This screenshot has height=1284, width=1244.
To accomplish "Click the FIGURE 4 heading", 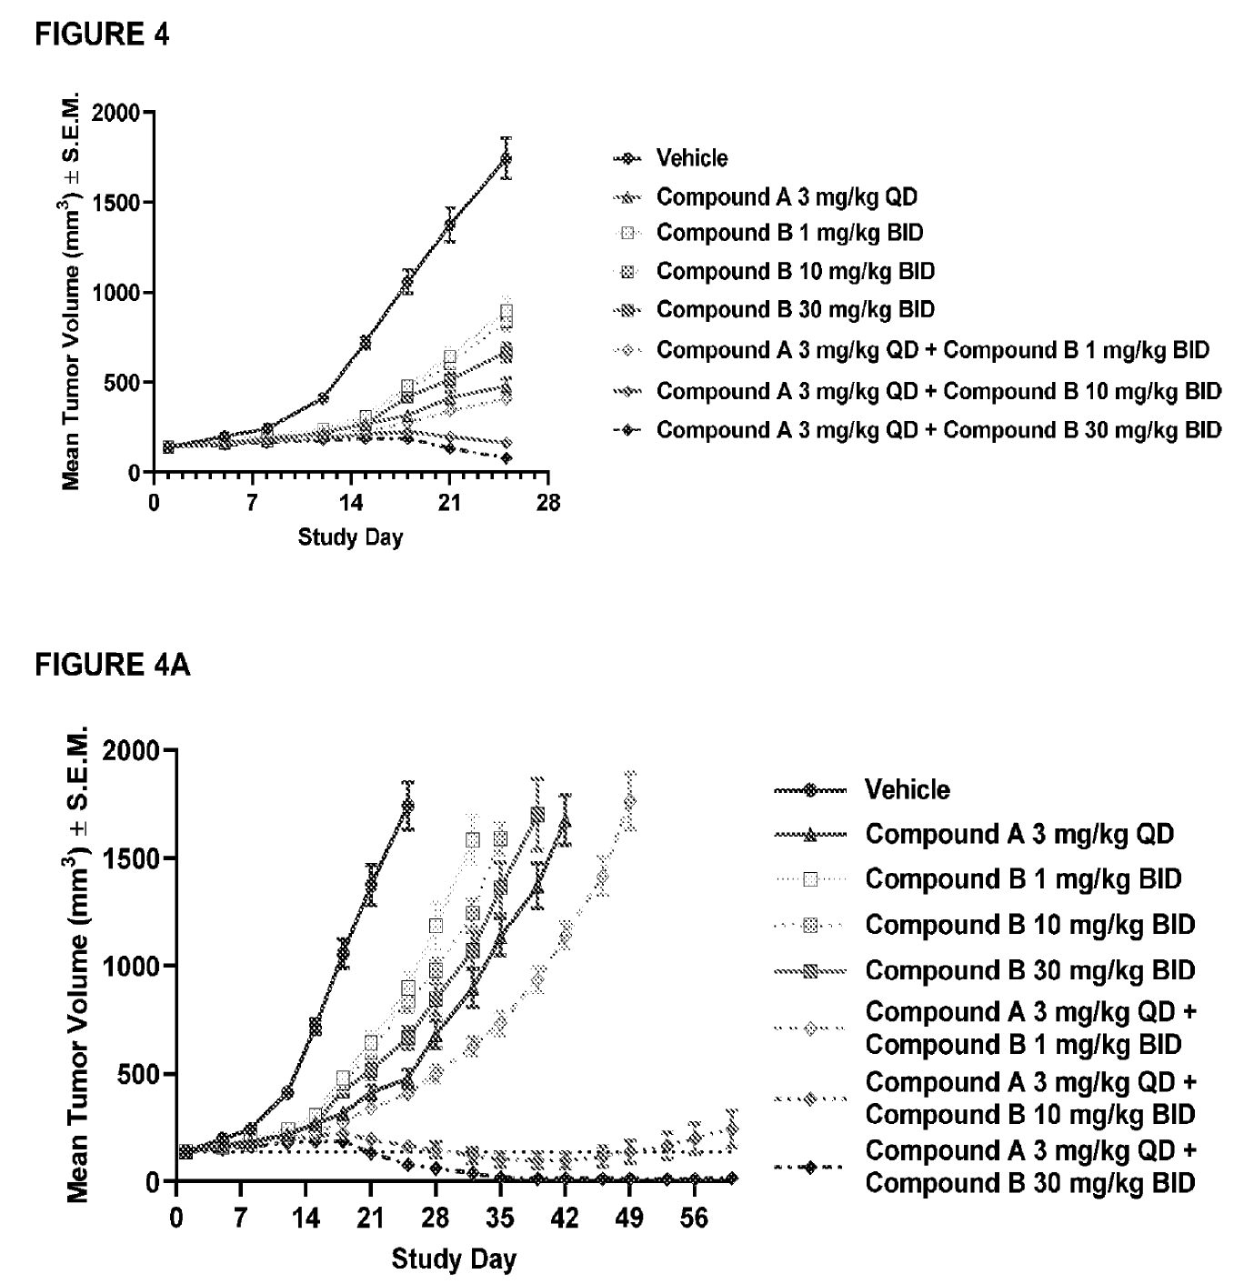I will click(102, 35).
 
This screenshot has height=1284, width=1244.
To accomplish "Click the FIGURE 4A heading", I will click(113, 665).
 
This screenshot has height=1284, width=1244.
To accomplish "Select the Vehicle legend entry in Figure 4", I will click(691, 158).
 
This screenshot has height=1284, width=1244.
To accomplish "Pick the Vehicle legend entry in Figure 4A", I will click(907, 789).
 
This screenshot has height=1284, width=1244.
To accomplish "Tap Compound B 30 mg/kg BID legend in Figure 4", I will click(795, 310).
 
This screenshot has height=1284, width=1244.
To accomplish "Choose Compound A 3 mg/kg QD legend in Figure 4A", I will click(1018, 834).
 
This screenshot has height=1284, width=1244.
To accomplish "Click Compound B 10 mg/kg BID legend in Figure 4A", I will click(1029, 925).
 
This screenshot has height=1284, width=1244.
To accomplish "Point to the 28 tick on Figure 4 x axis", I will click(548, 503).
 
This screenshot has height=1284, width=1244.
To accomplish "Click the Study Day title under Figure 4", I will click(350, 537).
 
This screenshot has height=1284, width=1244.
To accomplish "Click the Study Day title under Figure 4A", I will click(454, 1259).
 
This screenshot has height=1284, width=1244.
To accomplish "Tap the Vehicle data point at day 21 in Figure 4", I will click(449, 224).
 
